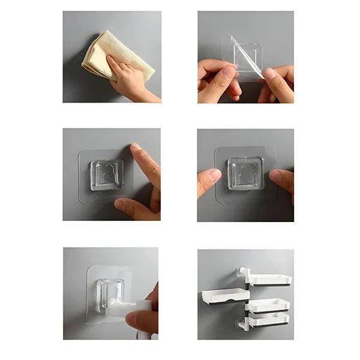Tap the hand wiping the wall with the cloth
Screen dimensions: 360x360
coord(133,81)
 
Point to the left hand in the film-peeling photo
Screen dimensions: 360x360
coord(220,81)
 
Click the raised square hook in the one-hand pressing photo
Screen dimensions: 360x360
coord(107,175)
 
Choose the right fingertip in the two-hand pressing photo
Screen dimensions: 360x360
coord(282,180)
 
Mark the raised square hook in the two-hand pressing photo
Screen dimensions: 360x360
coord(245,174)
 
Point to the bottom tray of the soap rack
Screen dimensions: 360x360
coord(269,320)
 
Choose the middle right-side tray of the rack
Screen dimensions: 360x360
coord(269,305)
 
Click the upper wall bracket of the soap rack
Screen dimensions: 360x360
coord(242,273)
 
